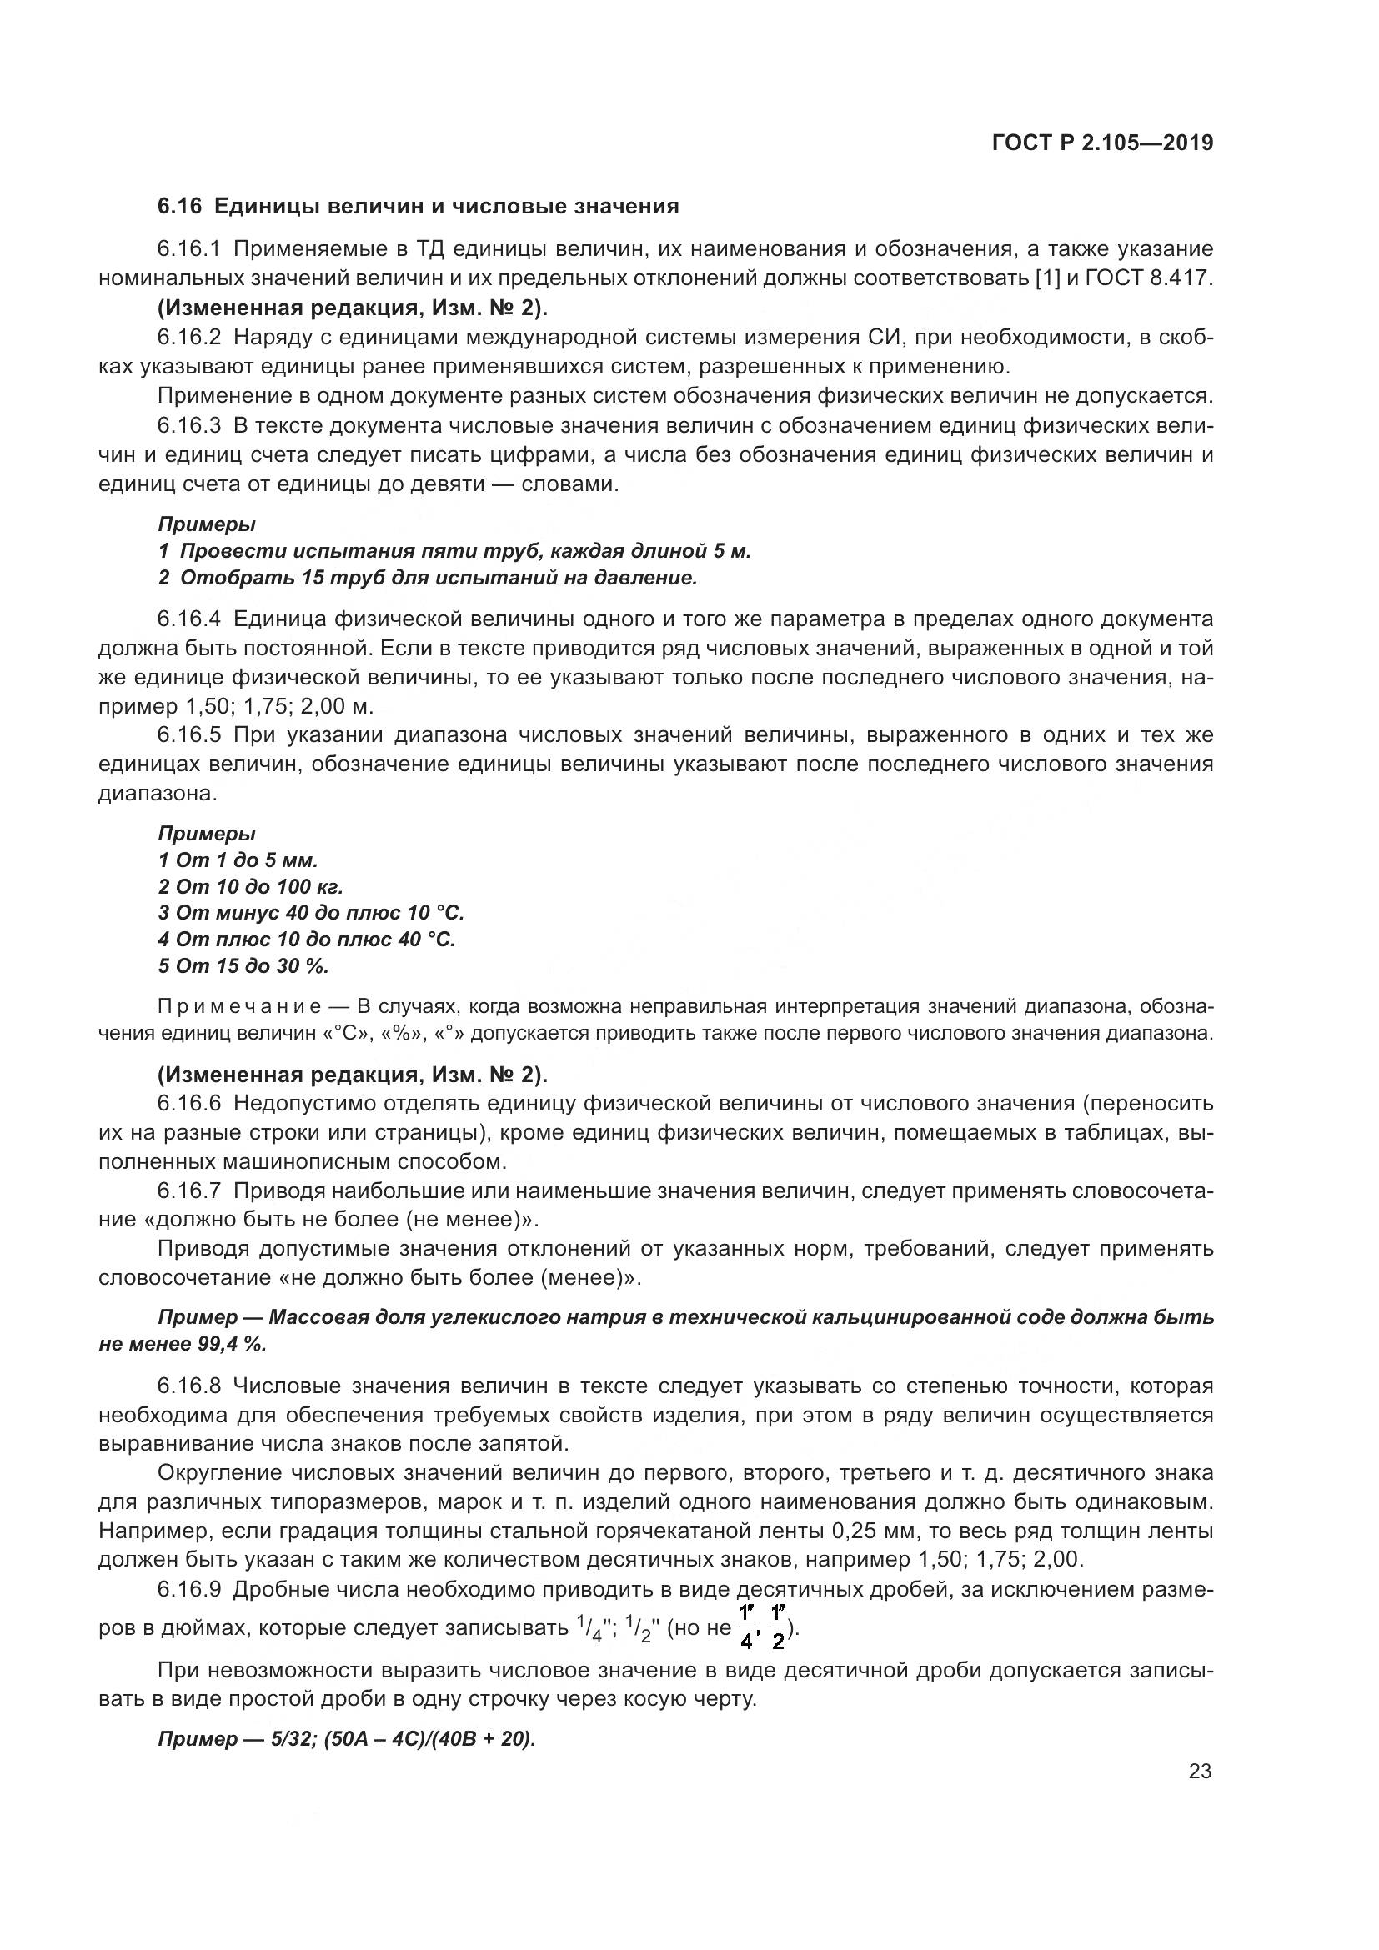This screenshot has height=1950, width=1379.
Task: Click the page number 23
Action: [1200, 1772]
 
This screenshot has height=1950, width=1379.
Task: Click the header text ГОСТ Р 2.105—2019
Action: [1102, 143]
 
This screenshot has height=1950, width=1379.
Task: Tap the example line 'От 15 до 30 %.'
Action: [243, 965]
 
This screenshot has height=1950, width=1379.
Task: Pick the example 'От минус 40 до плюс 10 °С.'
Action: [311, 913]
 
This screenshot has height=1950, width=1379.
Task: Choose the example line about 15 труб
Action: [427, 579]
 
